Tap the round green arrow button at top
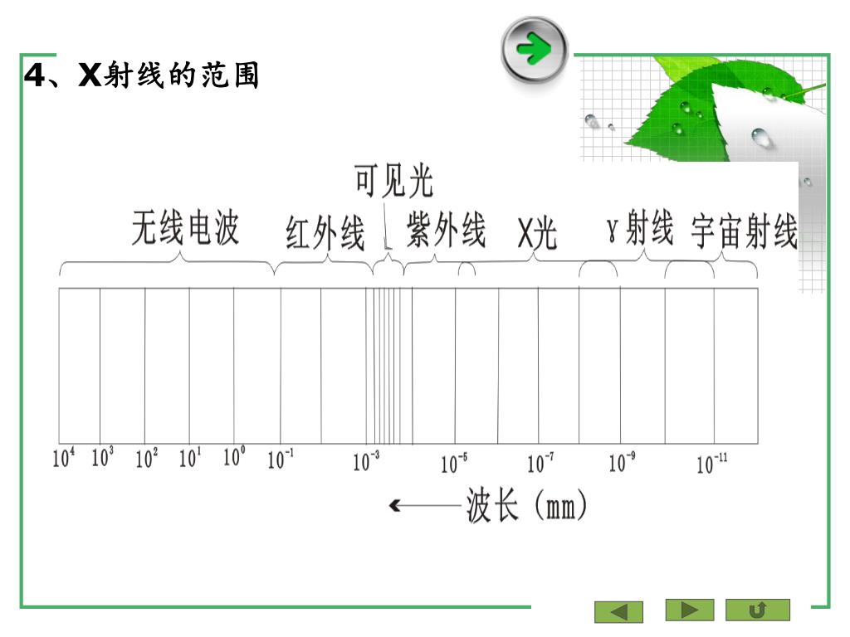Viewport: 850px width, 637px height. (x=535, y=50)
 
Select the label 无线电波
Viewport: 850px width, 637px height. (x=185, y=229)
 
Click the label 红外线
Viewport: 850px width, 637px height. (x=325, y=233)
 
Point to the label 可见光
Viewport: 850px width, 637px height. (x=393, y=181)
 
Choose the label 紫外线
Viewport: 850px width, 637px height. (x=446, y=230)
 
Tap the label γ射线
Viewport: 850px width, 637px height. (x=639, y=230)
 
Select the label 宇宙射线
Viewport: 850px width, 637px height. (x=744, y=232)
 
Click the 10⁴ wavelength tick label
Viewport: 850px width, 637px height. (x=64, y=458)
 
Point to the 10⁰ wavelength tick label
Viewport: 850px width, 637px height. (x=235, y=457)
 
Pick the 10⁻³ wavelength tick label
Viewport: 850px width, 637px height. (x=366, y=462)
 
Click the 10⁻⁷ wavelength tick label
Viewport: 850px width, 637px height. (x=541, y=463)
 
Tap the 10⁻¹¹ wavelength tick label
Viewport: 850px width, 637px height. (x=711, y=464)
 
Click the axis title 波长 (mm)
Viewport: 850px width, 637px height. (x=527, y=506)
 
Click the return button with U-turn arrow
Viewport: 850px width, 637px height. (x=757, y=610)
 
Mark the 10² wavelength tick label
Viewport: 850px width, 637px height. (x=147, y=458)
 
